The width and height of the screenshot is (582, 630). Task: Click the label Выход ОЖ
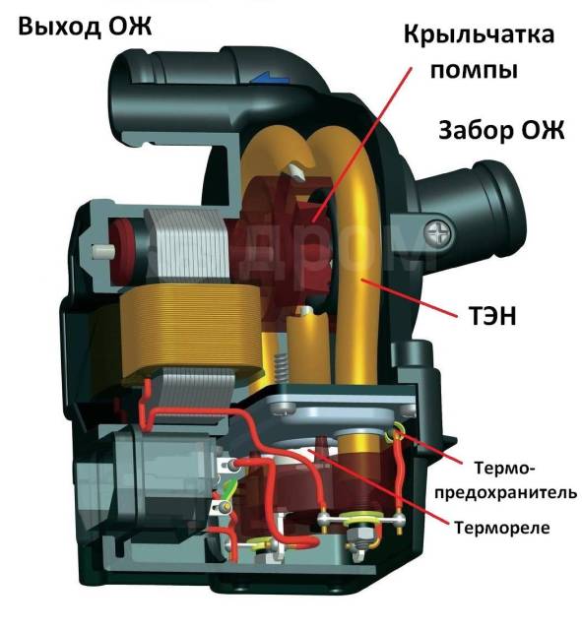[x=85, y=27]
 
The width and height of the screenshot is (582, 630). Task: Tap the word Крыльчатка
[x=479, y=34]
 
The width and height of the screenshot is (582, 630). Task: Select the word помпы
[x=474, y=70]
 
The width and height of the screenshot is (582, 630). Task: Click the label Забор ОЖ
[x=501, y=130]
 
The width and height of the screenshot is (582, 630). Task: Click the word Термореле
[x=501, y=528]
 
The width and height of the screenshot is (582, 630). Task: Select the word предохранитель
[x=505, y=492]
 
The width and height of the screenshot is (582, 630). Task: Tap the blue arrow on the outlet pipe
[x=270, y=77]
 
